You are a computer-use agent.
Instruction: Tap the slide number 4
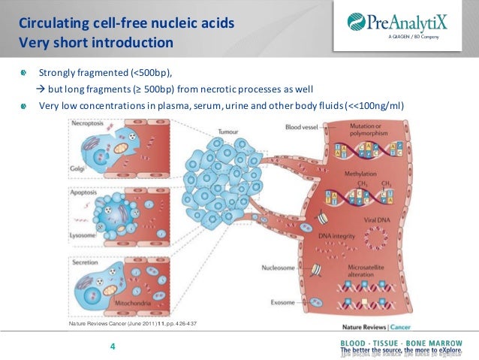point(113,346)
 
